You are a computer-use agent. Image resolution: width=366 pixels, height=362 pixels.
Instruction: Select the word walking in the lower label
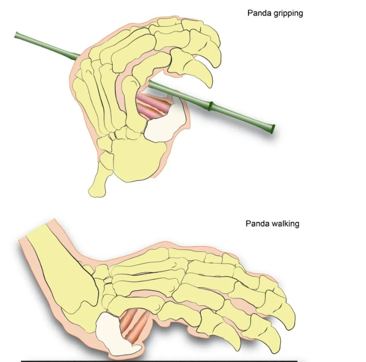tap(285, 224)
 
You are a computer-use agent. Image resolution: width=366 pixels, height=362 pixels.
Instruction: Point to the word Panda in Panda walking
tap(257, 224)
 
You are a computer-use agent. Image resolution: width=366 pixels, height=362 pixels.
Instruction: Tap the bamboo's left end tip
tap(17, 36)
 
